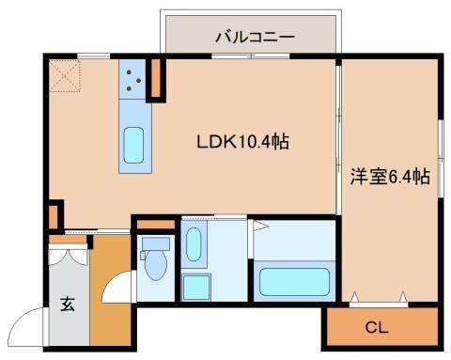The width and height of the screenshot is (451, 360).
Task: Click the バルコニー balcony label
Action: click(255, 38)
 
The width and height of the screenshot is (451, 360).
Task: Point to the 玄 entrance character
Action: click(68, 304)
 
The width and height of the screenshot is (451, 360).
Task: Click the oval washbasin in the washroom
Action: click(193, 244)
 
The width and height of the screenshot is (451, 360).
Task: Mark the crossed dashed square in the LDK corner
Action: click(67, 75)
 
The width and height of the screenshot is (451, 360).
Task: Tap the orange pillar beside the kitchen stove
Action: click(157, 79)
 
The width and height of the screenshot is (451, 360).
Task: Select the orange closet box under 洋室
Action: click(381, 327)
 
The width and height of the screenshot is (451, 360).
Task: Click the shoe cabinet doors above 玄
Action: click(68, 241)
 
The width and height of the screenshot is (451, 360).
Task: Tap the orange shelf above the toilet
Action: click(154, 225)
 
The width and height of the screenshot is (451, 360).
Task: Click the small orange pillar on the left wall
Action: click(54, 215)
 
